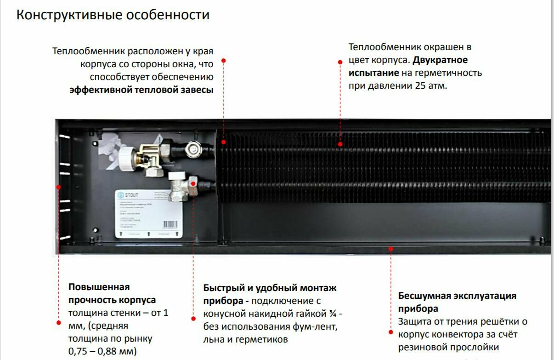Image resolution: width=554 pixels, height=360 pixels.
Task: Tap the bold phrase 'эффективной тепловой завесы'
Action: pyautogui.click(x=141, y=90)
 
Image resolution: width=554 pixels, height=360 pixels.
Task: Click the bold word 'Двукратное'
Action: pyautogui.click(x=440, y=60)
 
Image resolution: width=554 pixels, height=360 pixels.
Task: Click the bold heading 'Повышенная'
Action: pyautogui.click(x=99, y=287)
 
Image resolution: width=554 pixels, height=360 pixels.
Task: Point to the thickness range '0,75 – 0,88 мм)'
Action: pyautogui.click(x=102, y=351)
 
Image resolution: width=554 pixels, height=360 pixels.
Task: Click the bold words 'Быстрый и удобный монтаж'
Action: pyautogui.click(x=270, y=288)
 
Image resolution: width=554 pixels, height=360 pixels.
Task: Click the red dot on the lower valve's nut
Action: pyautogui.click(x=193, y=183)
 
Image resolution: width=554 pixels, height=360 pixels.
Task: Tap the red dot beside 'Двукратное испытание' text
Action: pyautogui.click(x=340, y=62)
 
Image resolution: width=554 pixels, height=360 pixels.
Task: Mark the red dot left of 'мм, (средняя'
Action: pyautogui.click(x=58, y=322)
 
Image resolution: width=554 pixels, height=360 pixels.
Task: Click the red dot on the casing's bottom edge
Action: pyautogui.click(x=391, y=249)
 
